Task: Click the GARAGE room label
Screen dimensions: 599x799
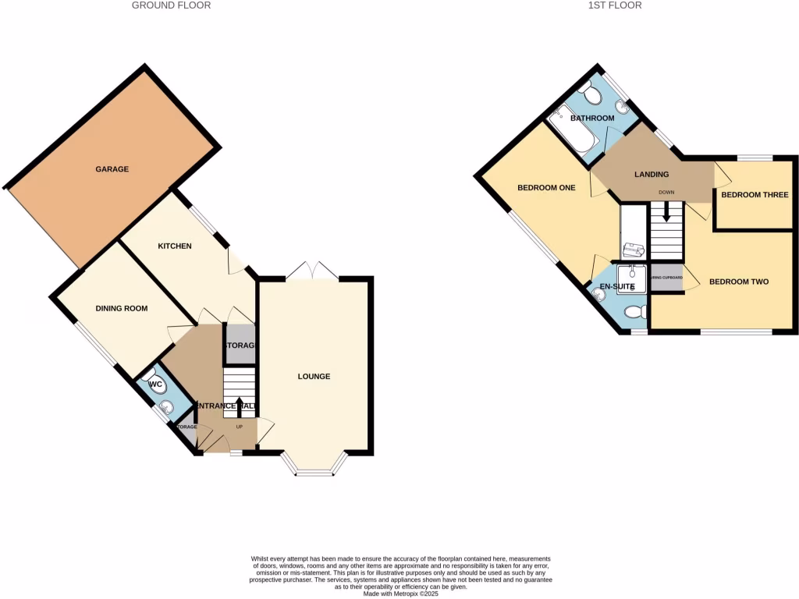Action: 112,169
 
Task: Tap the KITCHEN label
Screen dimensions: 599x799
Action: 175,246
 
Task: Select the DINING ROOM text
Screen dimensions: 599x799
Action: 122,309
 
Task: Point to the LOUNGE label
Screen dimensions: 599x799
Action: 314,377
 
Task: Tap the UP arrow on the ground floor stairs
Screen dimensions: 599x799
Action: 240,406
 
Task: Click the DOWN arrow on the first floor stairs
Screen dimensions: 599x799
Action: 666,211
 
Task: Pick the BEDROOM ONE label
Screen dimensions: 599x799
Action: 546,188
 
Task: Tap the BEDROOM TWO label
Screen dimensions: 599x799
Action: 739,282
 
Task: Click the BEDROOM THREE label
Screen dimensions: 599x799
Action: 755,195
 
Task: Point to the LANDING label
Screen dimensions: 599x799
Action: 652,175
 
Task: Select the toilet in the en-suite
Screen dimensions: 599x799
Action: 634,312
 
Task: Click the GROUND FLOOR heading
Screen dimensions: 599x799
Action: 171,5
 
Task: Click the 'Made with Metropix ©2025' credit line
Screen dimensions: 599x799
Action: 401,594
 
